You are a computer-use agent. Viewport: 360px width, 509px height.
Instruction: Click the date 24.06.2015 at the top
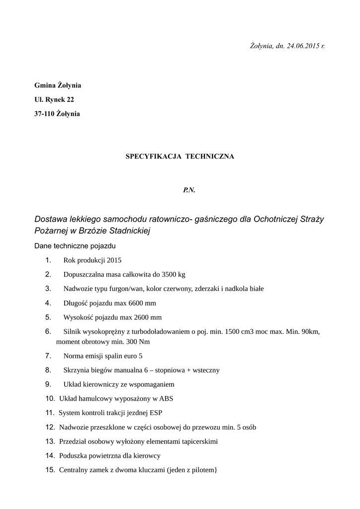[303, 46]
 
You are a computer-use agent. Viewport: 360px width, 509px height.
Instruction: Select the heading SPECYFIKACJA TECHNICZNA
[180, 156]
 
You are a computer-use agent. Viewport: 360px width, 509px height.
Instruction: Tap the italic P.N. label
[189, 190]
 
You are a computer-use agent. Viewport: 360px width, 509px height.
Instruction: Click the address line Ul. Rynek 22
[54, 99]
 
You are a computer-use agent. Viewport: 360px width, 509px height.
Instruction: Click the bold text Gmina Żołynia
[58, 85]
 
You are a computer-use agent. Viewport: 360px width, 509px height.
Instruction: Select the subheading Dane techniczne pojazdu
[75, 246]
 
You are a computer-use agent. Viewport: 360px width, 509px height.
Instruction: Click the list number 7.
[48, 356]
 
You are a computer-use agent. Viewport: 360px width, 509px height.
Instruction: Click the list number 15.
[50, 470]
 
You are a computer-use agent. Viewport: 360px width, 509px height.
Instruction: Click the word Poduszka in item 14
[73, 455]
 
